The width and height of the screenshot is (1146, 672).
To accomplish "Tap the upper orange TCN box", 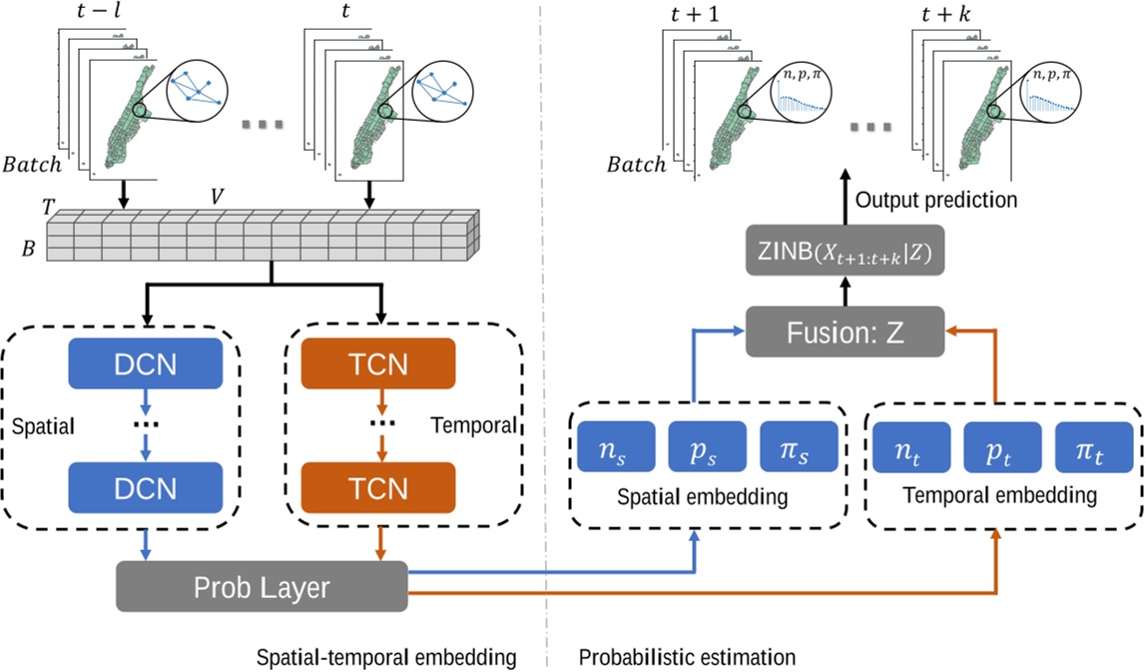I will (379, 363).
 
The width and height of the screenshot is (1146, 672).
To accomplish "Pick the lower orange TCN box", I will (379, 488).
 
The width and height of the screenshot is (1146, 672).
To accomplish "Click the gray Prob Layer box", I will (262, 587).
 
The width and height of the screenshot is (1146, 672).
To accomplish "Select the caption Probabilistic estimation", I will (687, 657).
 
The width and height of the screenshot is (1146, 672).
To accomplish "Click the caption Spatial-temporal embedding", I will (385, 657).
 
